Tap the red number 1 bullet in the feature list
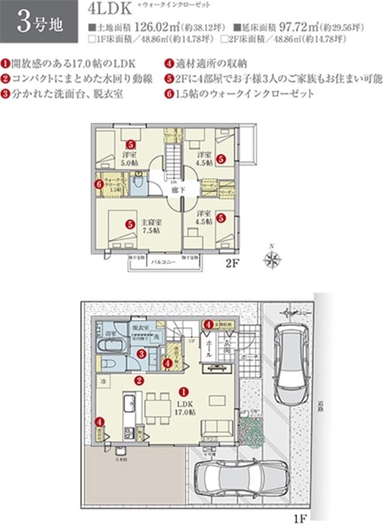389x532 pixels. click(5, 62)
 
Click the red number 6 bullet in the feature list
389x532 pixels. click(169, 93)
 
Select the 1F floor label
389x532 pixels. click(299, 521)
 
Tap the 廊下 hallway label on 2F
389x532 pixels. click(175, 190)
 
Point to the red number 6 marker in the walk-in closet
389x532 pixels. click(99, 184)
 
